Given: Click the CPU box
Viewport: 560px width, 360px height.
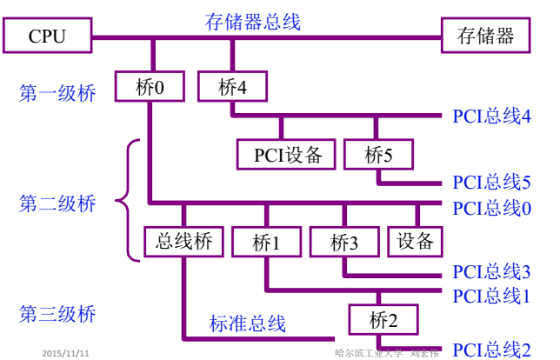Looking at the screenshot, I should pyautogui.click(x=47, y=37).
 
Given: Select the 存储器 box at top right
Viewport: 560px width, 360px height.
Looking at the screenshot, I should pyautogui.click(x=485, y=37).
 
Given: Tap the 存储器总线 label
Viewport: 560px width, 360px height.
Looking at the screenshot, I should pyautogui.click(x=252, y=22).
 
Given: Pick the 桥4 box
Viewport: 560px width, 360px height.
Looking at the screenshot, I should pyautogui.click(x=232, y=87).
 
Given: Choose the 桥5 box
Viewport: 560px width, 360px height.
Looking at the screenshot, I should pyautogui.click(x=378, y=155).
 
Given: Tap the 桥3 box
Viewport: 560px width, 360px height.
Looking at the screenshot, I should pyautogui.click(x=345, y=242).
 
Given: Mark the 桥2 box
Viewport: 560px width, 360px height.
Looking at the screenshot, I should pyautogui.click(x=382, y=319).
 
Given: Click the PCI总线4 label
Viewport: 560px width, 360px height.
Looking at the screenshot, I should pyautogui.click(x=491, y=116).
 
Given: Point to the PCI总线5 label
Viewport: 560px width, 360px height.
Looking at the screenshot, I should pyautogui.click(x=491, y=182).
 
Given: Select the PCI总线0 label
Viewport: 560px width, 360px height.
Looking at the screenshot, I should pyautogui.click(x=491, y=208).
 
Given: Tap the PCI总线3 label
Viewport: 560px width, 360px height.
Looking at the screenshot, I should pyautogui.click(x=491, y=272).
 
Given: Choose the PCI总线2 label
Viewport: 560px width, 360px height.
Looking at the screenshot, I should pyautogui.click(x=491, y=350).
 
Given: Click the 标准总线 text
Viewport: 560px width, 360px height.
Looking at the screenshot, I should pyautogui.click(x=247, y=323).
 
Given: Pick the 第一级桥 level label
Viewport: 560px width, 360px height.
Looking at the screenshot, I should pyautogui.click(x=57, y=92).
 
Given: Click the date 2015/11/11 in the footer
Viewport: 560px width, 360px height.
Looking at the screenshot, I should pyautogui.click(x=66, y=354).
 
